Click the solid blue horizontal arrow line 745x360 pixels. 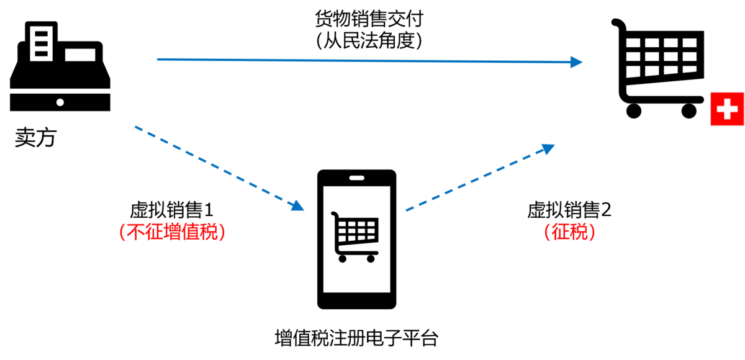coord(366,61)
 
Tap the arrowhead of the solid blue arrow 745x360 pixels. coord(577,62)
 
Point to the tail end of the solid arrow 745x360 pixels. coord(158,59)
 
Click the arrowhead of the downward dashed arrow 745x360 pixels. coord(299,206)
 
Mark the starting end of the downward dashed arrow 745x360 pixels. coord(136,127)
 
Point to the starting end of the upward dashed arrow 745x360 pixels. coord(407,211)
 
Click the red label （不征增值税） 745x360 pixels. coord(173,232)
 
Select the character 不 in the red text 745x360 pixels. coord(136,232)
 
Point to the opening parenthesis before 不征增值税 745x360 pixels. coord(122,232)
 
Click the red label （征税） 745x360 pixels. coord(569,232)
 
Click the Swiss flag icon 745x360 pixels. coord(727,109)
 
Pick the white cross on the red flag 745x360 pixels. coord(727,110)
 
